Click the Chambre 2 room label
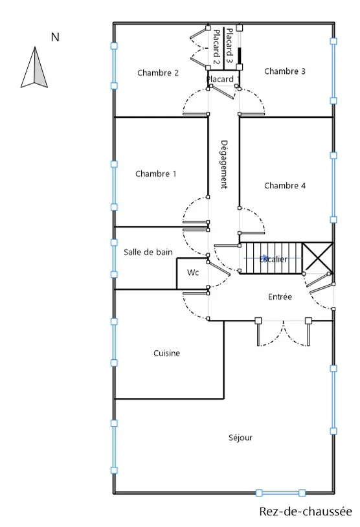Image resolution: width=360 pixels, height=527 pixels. [x=158, y=73]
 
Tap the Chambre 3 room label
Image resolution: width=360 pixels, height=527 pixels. [x=285, y=71]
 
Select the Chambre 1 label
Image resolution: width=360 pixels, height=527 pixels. [x=156, y=174]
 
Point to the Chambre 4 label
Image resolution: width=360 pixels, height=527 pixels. [x=285, y=186]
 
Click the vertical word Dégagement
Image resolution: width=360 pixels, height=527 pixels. [x=224, y=164]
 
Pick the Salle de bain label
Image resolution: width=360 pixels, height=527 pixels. [x=148, y=252]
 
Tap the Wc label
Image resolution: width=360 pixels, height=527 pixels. [x=193, y=273]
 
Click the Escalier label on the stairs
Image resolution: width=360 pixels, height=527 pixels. [x=273, y=259]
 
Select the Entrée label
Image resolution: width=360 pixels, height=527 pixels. [x=280, y=297]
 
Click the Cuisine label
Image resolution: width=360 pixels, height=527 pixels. [x=166, y=353]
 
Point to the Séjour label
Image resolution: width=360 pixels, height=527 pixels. [x=240, y=438]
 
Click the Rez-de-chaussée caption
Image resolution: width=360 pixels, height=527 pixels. [x=305, y=511]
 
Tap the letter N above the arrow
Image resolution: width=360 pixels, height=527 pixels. [x=55, y=37]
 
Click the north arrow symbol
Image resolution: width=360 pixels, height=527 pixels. [x=34, y=67]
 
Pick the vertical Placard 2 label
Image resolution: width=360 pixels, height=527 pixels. [x=216, y=47]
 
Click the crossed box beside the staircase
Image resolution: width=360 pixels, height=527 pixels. [x=317, y=258]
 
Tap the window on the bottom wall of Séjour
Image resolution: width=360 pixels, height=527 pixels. [x=280, y=493]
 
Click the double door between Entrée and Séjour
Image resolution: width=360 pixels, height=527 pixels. [x=283, y=332]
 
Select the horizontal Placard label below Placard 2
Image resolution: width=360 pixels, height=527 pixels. [x=220, y=79]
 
